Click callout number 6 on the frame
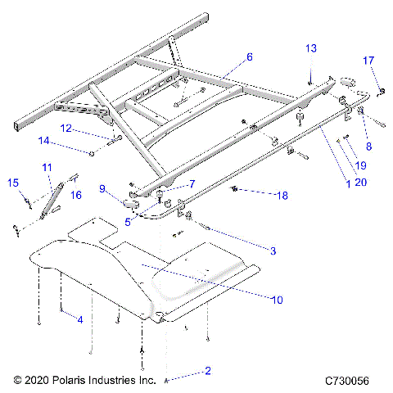(250, 57)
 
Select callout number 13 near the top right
(310, 49)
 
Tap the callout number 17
(368, 60)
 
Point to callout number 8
(368, 147)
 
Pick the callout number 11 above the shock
(46, 167)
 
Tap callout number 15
(12, 183)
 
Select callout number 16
(76, 195)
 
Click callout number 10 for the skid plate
(277, 300)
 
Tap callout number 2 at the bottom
(208, 371)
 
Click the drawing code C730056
(351, 382)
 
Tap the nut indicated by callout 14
(93, 152)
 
